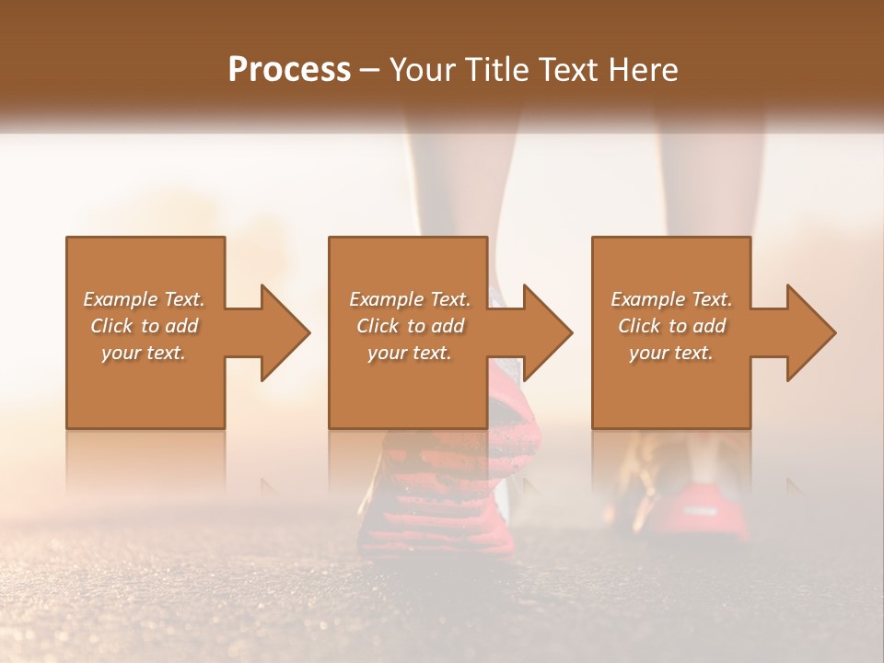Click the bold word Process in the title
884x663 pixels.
pos(289,70)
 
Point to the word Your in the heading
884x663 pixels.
pos(425,70)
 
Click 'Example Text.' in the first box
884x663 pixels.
pos(144,299)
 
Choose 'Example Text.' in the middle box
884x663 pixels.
pos(410,299)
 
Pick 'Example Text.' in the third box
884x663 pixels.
pos(671,299)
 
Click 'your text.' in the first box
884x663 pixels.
pos(144,353)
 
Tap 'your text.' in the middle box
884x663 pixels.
pos(410,353)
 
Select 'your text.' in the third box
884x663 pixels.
pos(671,353)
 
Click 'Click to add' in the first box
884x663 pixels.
pos(144,326)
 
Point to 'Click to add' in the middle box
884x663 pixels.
pos(410,326)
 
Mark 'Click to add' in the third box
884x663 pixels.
pos(671,326)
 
